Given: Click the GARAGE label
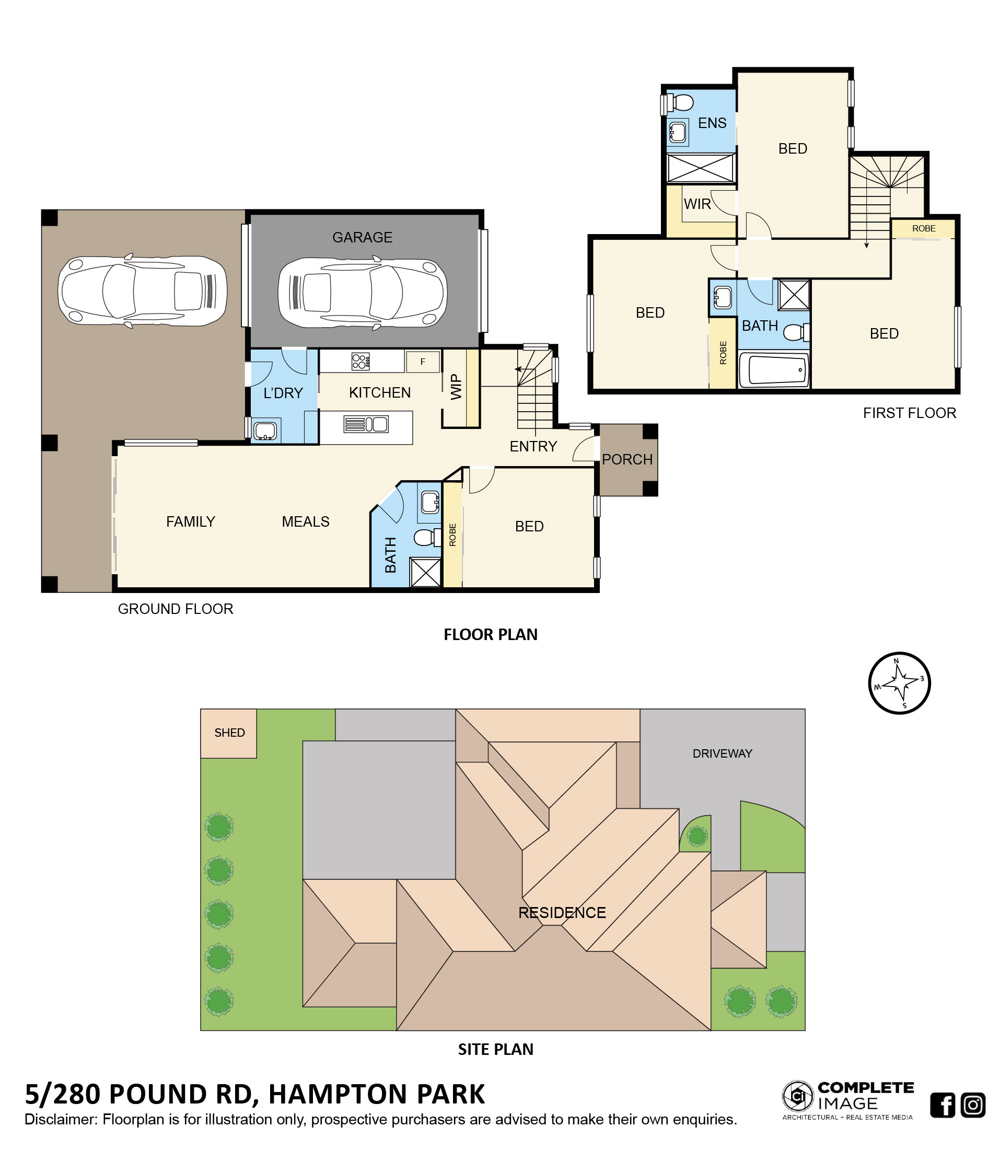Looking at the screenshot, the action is tap(362, 237).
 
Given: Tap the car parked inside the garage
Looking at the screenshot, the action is tap(362, 293).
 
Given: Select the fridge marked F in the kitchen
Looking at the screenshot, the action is tap(422, 361).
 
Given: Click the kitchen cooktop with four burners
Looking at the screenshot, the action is tap(361, 361).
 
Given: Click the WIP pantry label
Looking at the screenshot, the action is tap(456, 387).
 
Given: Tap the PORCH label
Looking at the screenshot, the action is tap(627, 459).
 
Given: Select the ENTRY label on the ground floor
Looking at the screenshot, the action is tap(533, 446).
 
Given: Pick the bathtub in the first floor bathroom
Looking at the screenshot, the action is tap(773, 370).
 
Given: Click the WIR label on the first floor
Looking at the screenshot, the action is tap(697, 204).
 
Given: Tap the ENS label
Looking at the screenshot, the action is tap(712, 123).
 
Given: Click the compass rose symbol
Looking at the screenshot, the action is tap(899, 683).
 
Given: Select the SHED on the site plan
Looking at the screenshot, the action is tap(229, 733).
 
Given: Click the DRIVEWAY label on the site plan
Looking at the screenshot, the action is tap(722, 753).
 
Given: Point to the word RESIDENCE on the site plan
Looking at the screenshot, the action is tap(562, 913).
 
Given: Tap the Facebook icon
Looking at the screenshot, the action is tap(943, 1105).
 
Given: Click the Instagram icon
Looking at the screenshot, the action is tap(973, 1105).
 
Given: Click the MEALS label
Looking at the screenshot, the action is tap(306, 521).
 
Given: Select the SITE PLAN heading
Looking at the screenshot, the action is tap(496, 1050).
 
